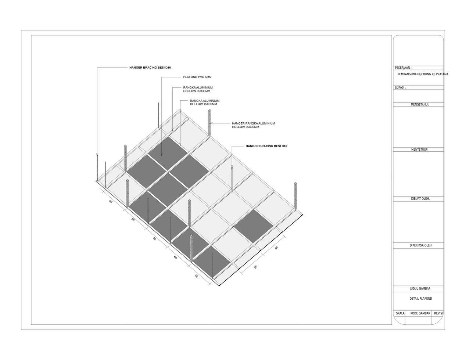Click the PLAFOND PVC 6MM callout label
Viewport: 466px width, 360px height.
point(197,77)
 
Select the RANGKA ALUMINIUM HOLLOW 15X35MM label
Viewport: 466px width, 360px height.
point(204,102)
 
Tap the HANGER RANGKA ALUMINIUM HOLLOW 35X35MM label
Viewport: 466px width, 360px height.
point(253,125)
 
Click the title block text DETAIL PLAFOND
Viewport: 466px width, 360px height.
point(421,299)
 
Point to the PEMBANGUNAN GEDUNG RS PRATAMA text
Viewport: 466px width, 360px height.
point(423,74)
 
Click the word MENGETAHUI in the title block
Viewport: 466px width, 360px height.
point(420,105)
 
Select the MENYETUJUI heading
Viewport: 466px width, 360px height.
point(419,150)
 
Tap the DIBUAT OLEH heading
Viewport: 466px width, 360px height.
point(420,199)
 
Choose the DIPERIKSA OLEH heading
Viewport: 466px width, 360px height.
point(421,245)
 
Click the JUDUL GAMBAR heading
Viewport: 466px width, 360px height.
point(420,289)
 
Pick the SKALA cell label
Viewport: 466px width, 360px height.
point(400,313)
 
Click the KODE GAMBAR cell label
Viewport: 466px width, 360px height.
point(420,313)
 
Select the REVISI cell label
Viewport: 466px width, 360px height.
point(438,313)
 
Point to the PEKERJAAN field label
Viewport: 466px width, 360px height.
point(403,68)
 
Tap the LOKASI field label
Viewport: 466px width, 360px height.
point(400,87)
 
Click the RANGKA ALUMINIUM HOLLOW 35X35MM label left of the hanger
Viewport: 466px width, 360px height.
point(198,89)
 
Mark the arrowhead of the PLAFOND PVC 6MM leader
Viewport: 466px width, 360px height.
point(162,155)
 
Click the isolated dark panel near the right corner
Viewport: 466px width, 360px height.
point(254,226)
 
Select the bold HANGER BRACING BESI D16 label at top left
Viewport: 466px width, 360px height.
point(150,68)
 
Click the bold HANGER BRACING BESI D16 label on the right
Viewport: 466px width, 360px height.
point(266,146)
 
